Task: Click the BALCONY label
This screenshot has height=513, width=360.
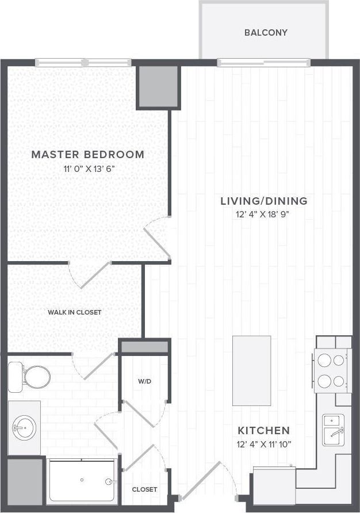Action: coord(265,32)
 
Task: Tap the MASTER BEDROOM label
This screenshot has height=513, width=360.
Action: coord(87,154)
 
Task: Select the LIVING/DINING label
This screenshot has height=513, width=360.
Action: coord(264,201)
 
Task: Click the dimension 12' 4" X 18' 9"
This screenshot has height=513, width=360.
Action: coord(264,215)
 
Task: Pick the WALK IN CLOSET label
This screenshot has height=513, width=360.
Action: coord(74,312)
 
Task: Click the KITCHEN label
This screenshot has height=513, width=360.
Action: coord(264,430)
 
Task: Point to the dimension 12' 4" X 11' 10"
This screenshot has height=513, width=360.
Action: coord(264,444)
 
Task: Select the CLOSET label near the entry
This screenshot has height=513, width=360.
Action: coord(144,489)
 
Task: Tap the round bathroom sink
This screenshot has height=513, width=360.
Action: coord(24,427)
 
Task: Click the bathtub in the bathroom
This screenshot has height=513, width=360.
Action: coord(82,480)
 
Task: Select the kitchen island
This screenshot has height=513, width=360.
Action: coord(251,371)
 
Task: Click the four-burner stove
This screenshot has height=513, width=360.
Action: coord(331,371)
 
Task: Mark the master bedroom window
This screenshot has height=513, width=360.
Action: coord(83,63)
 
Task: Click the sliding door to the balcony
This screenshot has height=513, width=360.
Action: coord(264,63)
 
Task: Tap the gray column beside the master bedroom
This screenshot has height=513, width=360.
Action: coord(158,86)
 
